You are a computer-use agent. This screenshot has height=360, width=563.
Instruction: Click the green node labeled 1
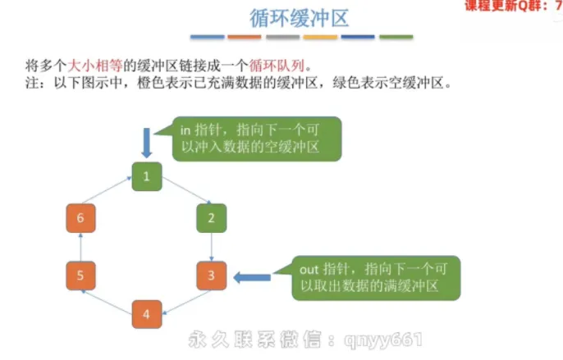click(x=145, y=175)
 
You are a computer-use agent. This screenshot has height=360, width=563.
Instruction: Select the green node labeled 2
click(x=211, y=218)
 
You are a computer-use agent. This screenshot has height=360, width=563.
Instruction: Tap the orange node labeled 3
click(x=211, y=276)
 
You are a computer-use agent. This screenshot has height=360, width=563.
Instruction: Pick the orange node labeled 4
click(x=145, y=314)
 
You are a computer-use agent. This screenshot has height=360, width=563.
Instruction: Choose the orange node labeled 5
click(x=80, y=276)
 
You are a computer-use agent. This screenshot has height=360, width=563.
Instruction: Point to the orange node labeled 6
click(x=80, y=218)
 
